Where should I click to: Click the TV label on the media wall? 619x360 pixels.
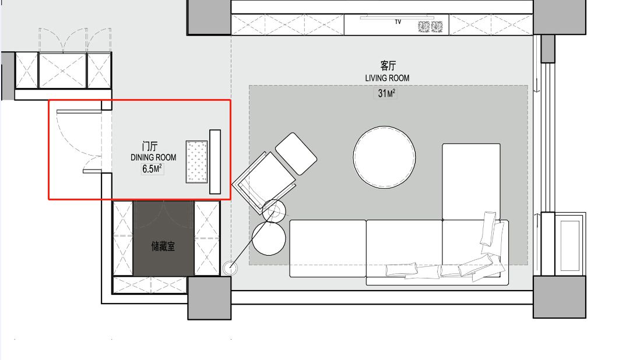[398, 22]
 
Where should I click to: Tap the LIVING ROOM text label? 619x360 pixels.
[387, 78]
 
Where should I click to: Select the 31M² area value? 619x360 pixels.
[386, 93]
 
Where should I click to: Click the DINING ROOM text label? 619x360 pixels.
[153, 157]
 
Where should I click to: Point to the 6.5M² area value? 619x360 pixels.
[152, 168]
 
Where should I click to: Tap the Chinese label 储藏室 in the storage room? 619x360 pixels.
[163, 247]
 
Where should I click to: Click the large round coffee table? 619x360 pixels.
[384, 157]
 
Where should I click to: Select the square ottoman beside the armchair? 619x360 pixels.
[296, 154]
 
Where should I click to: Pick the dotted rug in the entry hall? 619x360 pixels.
[196, 162]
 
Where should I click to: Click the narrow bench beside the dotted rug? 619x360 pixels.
[214, 162]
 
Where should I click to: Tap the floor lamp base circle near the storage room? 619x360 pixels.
[230, 269]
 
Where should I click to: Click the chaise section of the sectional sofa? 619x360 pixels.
[471, 182]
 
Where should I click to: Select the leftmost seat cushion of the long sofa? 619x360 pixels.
[328, 248]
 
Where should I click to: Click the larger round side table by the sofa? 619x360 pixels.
[269, 238]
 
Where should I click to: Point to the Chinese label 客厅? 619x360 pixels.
[388, 65]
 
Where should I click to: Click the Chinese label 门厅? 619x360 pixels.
[150, 146]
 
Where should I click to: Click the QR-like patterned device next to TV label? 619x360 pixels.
[430, 27]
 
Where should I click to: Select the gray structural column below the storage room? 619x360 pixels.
[209, 298]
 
